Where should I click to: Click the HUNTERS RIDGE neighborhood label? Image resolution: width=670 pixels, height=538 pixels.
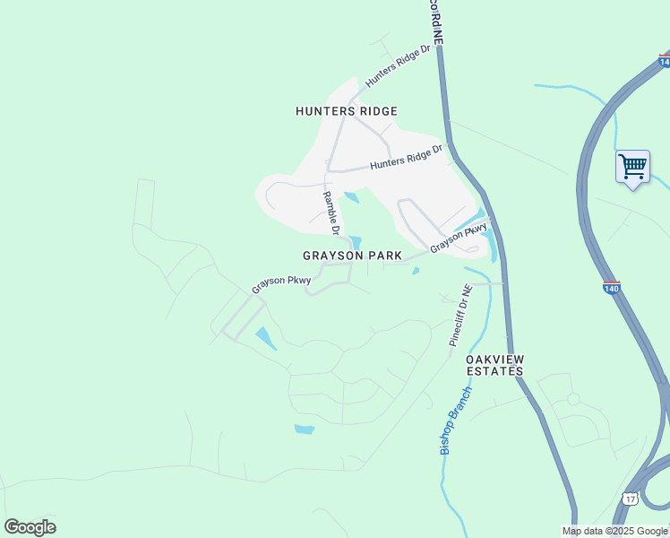347,111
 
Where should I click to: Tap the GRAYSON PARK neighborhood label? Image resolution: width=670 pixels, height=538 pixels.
352,256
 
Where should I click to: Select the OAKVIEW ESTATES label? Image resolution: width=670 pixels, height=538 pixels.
494,365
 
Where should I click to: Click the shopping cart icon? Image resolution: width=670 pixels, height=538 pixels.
632,166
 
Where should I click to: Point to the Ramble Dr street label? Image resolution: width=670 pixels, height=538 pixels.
331,213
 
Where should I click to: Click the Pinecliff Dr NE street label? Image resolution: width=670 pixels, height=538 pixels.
460,316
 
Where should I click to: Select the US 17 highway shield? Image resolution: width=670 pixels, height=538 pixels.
631,499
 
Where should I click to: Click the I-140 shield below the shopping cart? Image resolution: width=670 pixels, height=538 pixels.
611,288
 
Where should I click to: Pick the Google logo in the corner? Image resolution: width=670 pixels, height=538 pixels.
30,527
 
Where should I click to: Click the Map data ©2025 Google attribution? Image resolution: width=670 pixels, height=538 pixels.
615,531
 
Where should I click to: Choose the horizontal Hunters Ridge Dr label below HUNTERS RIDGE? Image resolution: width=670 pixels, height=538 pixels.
407,160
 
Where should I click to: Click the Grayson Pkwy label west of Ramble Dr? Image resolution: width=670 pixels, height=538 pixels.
280,283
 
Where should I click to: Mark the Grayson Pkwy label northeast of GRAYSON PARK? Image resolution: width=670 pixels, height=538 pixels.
459,237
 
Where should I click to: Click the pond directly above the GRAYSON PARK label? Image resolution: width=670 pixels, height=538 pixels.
356,241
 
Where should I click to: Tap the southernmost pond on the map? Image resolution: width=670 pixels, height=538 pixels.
305,430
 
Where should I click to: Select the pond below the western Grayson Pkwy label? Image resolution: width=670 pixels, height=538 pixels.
266,339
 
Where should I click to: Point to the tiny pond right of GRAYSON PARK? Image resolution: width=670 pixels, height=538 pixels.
416,271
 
